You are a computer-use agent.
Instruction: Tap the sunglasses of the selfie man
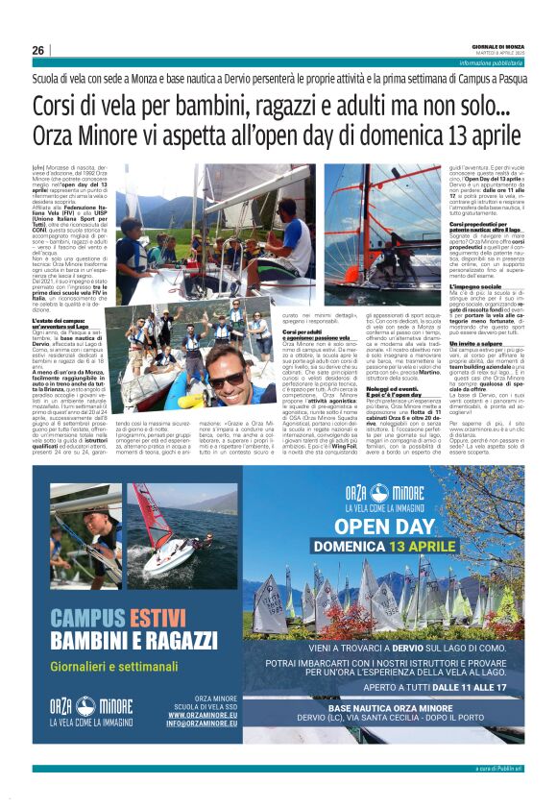[227, 379]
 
